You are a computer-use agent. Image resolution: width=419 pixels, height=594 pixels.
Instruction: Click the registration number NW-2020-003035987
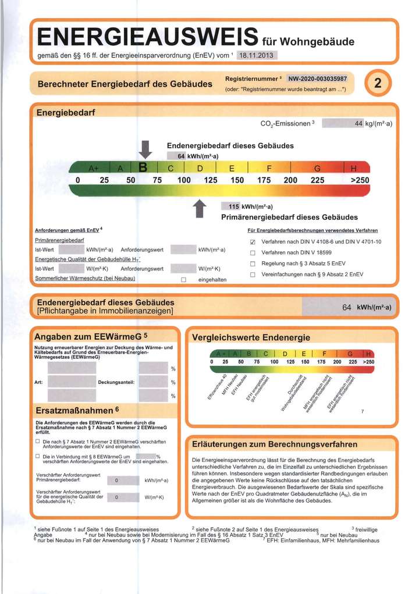(x=317, y=79)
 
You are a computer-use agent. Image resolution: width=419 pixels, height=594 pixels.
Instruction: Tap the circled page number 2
(x=378, y=84)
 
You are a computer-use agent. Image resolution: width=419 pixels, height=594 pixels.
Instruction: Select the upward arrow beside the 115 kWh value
(x=200, y=208)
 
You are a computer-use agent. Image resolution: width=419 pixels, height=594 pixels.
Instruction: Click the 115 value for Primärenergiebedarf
(x=233, y=207)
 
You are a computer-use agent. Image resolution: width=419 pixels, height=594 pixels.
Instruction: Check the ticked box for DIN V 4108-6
(x=253, y=242)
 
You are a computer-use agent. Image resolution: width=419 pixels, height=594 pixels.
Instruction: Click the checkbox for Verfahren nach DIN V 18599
(x=253, y=252)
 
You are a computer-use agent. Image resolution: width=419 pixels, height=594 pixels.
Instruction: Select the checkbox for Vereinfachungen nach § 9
(x=253, y=274)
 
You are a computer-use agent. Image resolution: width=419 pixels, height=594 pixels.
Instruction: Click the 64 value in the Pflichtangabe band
(x=347, y=307)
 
